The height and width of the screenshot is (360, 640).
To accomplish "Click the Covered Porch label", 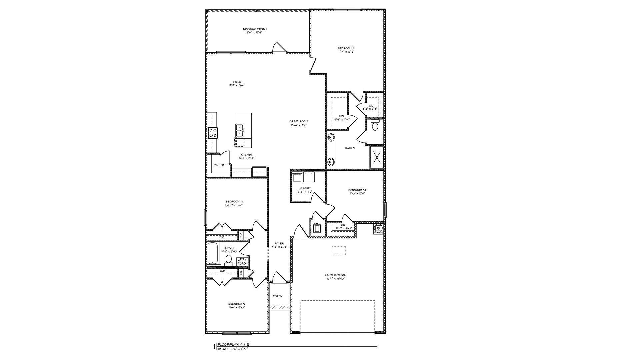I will click(x=255, y=29).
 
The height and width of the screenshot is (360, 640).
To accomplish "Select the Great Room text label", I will click(x=298, y=121).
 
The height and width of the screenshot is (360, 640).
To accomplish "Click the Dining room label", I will click(x=237, y=82).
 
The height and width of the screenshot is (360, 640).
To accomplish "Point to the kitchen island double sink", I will click(x=239, y=130).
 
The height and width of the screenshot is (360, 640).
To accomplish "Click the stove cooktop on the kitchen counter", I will click(x=213, y=133).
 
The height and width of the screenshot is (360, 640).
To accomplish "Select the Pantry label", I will click(x=219, y=165).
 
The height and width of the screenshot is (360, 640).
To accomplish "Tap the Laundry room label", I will click(x=305, y=188).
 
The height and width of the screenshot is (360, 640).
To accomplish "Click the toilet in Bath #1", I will click(x=375, y=126).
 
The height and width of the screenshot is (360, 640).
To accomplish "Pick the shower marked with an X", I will click(x=377, y=157).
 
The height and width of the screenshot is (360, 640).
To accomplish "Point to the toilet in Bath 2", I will click(x=229, y=260).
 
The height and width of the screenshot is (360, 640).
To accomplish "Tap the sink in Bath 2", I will click(x=242, y=261).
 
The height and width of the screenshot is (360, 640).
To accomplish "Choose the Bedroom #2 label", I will click(x=237, y=304).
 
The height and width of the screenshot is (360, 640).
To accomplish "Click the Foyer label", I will click(x=279, y=243).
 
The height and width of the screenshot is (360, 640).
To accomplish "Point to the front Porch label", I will click(x=278, y=296).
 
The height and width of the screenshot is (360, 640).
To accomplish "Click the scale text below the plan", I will click(x=233, y=349).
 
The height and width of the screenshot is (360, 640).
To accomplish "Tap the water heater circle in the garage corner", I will click(x=378, y=228).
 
